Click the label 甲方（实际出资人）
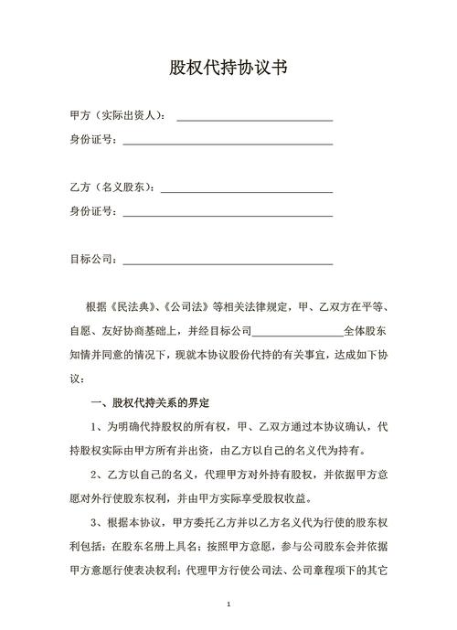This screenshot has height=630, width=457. click(x=117, y=116)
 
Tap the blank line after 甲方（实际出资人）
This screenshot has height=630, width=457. click(x=254, y=119)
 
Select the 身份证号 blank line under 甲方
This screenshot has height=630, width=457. click(x=228, y=143)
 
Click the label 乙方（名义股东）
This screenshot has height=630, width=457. click(x=112, y=187)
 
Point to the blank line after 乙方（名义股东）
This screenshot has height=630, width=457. click(x=247, y=190)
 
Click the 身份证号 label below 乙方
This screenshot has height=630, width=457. click(x=92, y=211)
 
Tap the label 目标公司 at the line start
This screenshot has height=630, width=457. click(x=92, y=259)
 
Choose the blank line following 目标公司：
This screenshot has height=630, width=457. click(x=228, y=262)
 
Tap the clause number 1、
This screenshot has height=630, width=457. click(x=99, y=427)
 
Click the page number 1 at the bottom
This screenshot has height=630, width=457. click(x=228, y=605)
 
